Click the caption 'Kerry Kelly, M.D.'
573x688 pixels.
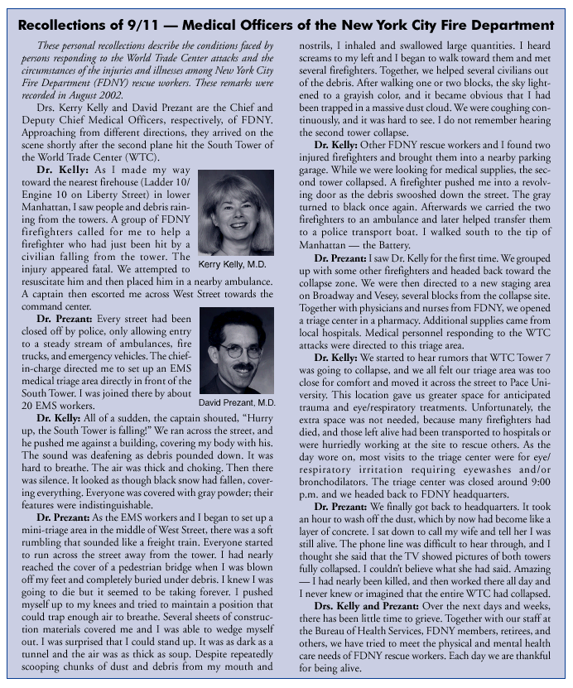pyautogui.click(x=235, y=264)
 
